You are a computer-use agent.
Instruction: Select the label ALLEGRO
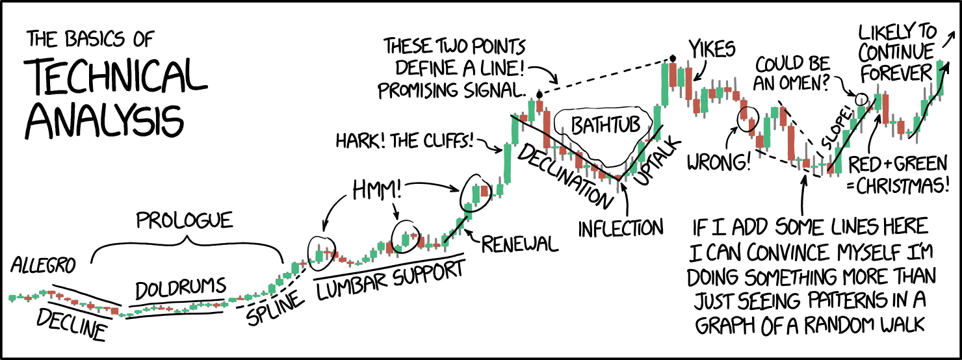[x=43, y=266]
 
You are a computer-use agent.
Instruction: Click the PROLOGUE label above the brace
[x=184, y=221]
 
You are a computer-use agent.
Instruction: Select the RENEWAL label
[x=519, y=244]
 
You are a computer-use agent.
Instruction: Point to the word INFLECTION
[x=620, y=228]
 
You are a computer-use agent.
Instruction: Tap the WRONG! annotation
[x=719, y=161]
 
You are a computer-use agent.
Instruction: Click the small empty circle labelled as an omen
[x=861, y=99]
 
